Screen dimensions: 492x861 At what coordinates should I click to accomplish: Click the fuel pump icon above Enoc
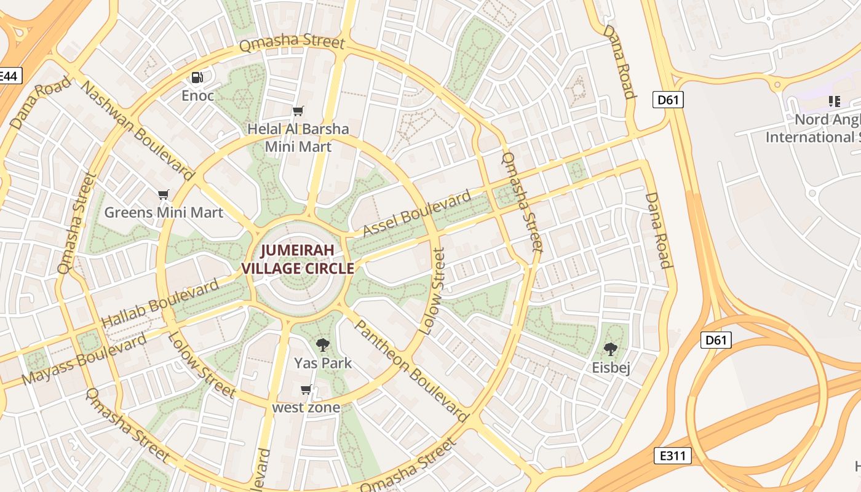(x=197, y=77)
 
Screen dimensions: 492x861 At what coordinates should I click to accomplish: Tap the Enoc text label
(x=197, y=95)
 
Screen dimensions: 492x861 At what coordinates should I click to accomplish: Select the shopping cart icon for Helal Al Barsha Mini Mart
(x=298, y=111)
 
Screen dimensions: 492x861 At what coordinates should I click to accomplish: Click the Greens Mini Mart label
(x=164, y=213)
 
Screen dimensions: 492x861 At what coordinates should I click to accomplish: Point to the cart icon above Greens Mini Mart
(x=163, y=195)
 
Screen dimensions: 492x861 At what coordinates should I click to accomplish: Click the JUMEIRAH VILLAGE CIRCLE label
(x=298, y=260)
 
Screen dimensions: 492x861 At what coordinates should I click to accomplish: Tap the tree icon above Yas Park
(x=322, y=344)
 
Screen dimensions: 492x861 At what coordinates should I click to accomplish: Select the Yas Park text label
(x=323, y=363)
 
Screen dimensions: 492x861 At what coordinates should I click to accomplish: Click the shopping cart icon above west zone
(x=306, y=390)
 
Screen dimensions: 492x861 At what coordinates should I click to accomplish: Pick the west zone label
(x=306, y=407)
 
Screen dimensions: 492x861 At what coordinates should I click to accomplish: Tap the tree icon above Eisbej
(x=610, y=349)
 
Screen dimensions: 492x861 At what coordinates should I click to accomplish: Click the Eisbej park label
(x=611, y=368)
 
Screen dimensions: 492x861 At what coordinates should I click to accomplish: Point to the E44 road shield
(x=9, y=76)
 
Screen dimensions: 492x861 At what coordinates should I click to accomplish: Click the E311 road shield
(x=672, y=456)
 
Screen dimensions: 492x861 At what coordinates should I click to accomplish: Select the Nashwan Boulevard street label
(x=137, y=130)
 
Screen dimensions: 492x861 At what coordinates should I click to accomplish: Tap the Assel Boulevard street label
(x=417, y=214)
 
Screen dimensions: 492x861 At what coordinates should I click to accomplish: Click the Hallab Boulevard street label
(x=159, y=303)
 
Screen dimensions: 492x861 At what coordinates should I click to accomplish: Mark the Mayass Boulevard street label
(x=84, y=359)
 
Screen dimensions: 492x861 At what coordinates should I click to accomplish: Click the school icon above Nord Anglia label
(x=834, y=101)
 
